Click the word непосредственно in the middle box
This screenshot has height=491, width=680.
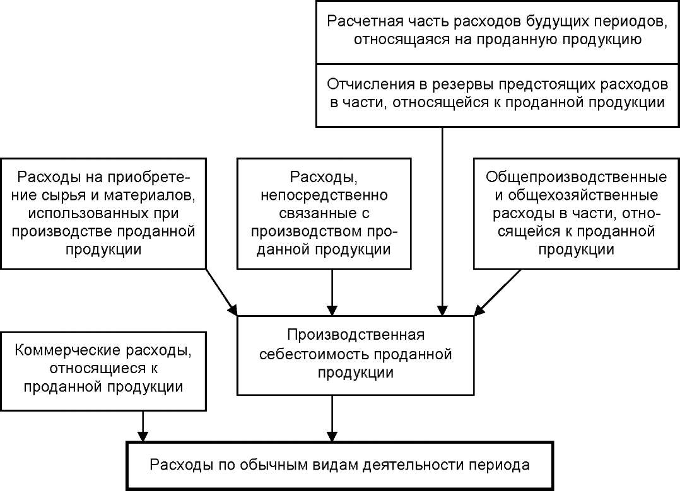point(324,195)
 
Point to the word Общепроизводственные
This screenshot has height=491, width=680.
point(577,177)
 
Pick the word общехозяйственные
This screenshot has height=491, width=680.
point(582,195)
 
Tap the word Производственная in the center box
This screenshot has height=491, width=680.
point(356,335)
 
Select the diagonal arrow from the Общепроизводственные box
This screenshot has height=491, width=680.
point(498,292)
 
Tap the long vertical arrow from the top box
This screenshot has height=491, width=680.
point(442,221)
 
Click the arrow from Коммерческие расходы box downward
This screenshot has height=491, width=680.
point(143,426)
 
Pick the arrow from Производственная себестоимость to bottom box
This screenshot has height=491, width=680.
point(332,419)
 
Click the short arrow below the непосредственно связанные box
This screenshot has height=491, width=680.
point(332,292)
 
